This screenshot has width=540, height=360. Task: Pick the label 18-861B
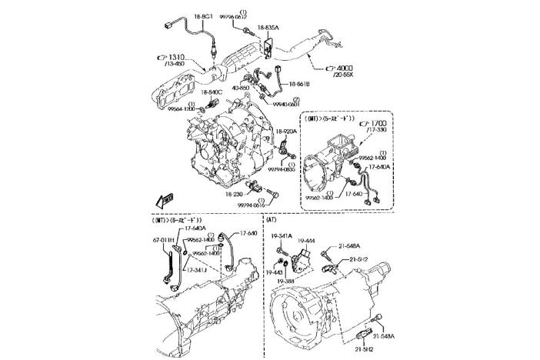tap(300, 82)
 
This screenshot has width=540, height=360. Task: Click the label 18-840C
tap(212, 92)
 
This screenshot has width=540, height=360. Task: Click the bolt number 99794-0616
tap(251, 205)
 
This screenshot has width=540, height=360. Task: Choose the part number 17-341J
tap(197, 270)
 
